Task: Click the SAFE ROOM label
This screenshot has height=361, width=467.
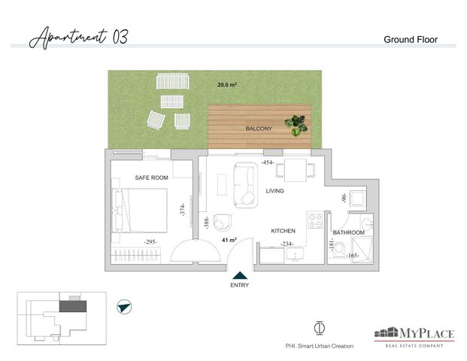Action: [151, 177]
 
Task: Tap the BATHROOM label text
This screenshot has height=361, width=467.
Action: [348, 232]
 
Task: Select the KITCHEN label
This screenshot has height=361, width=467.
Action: [283, 231]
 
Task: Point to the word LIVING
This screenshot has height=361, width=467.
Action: [274, 190]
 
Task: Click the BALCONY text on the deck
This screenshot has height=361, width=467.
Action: [259, 129]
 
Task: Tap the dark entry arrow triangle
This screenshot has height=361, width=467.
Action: [240, 275]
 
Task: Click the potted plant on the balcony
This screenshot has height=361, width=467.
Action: [296, 126]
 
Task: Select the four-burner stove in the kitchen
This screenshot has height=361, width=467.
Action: [315, 220]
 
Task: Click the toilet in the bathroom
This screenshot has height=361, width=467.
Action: [339, 250]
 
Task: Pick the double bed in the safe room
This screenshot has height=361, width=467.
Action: [139, 210]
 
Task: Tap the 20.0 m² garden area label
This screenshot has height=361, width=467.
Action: [227, 84]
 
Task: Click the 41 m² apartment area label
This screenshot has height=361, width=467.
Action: [229, 239]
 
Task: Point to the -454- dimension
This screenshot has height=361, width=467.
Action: [268, 162]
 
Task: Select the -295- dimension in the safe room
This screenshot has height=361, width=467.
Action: [150, 242]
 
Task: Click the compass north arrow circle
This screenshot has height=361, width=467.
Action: [124, 307]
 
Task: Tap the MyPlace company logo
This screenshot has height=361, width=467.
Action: [414, 337]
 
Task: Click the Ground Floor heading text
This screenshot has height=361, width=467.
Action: [411, 40]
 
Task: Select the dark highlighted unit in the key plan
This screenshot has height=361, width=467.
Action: [73, 306]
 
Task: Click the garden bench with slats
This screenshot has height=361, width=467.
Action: [173, 81]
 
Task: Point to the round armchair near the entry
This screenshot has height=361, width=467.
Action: [223, 222]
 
